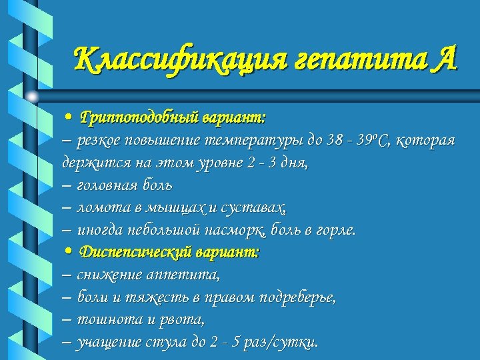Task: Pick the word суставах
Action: coord(258,207)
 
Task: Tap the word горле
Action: coord(337,230)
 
